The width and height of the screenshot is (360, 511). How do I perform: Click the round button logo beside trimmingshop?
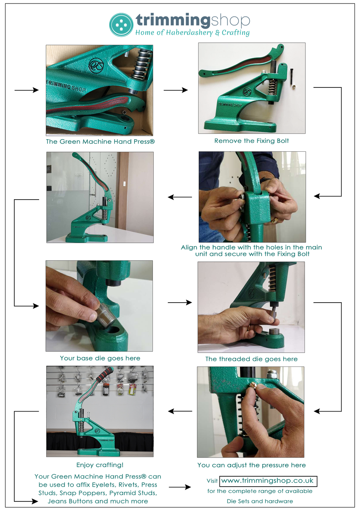[121, 25]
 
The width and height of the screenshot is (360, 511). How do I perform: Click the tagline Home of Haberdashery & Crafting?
[192, 33]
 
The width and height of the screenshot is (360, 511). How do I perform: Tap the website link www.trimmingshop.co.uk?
[268, 481]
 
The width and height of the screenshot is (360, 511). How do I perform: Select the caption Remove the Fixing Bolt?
[251, 141]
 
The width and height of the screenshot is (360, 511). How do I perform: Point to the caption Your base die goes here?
[100, 358]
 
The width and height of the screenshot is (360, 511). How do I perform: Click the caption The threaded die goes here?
[251, 359]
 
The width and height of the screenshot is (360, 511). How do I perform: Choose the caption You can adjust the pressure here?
[251, 465]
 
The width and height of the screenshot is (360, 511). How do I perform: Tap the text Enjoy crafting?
[100, 465]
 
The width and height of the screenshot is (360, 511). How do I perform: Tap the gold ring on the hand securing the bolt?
[275, 220]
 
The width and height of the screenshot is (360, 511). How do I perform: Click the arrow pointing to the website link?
[180, 487]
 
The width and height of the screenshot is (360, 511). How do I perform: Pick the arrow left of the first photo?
[26, 91]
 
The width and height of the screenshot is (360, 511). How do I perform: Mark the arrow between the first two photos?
[176, 91]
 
